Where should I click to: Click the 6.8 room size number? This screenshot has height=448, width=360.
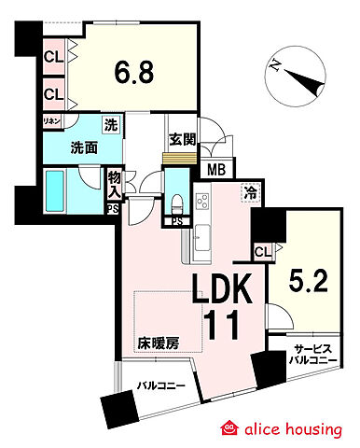pos(135,71)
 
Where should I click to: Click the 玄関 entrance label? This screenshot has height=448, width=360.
pos(182,141)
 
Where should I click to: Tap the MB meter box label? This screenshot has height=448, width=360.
pos(216,169)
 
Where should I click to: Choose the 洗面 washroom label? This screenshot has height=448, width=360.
pos(62,147)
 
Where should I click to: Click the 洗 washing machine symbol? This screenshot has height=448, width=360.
pos(110,126)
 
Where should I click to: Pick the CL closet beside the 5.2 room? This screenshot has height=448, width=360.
pos(262,251)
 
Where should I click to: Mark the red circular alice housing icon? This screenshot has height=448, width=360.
pos(228,428)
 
